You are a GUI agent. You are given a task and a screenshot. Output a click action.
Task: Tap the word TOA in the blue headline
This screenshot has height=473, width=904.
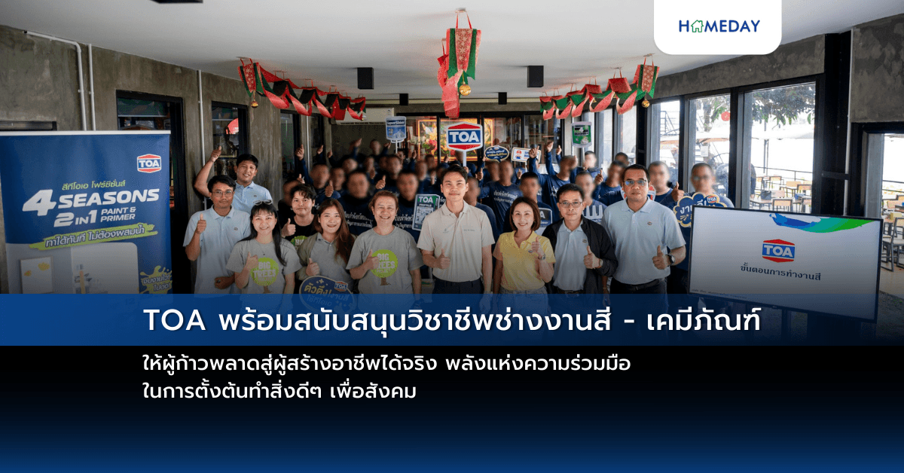[x=176, y=320]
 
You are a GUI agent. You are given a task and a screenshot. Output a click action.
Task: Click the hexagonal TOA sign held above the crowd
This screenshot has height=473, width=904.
[x=465, y=136]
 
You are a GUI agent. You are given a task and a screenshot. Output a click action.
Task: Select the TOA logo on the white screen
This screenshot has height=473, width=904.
[x=778, y=251]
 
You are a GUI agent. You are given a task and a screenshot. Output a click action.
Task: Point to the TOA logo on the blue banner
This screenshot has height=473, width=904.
[x=149, y=163]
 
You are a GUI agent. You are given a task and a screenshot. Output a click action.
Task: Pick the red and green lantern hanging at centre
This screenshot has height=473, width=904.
[x=459, y=60]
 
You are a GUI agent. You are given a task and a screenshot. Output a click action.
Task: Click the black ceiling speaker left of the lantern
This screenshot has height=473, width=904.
[x=365, y=78]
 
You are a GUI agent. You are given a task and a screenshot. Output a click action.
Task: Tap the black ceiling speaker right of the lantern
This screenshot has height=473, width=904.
[x=535, y=76]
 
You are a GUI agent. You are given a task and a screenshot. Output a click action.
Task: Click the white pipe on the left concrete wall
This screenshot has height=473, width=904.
[x=81, y=72]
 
